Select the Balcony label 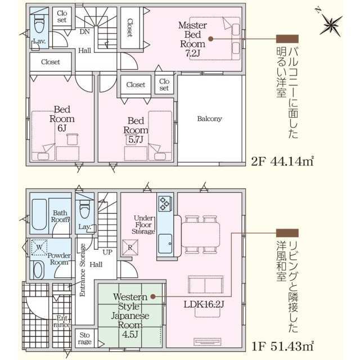pyautogui.click(x=209, y=119)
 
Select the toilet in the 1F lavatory pyautogui.click(x=85, y=210)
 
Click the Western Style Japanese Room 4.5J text pyautogui.click(x=130, y=315)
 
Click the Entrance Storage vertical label pyautogui.click(x=83, y=269)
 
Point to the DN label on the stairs pyautogui.click(x=84, y=32)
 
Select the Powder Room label pyautogui.click(x=60, y=258)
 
